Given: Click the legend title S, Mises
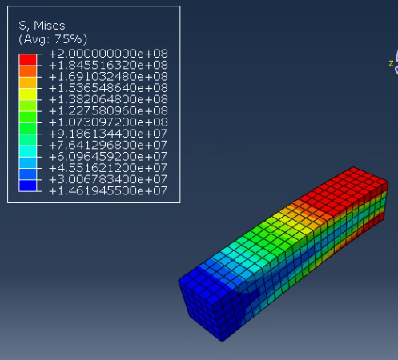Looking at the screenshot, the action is point(42,26).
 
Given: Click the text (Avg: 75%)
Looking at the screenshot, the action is point(53,39).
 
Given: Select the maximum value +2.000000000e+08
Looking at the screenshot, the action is point(108,54).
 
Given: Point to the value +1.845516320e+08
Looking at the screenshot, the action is point(108,65).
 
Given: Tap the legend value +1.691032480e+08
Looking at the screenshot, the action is point(108,77).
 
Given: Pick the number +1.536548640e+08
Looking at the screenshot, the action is point(108,88).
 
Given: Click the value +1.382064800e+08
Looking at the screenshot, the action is point(108,99).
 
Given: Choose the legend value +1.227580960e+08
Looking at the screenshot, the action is point(108,111).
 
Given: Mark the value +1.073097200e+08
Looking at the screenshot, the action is point(108,122).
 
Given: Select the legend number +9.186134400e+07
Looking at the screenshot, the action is point(108,134).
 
